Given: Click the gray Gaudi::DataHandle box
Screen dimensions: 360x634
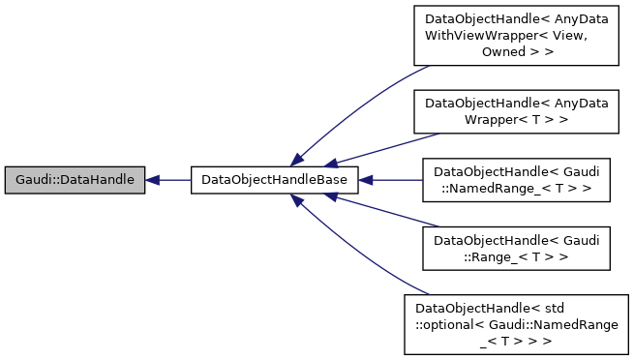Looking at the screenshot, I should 75,180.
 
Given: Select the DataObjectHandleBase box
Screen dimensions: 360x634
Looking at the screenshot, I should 275,180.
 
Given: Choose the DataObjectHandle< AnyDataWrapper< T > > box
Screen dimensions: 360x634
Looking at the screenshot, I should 510,109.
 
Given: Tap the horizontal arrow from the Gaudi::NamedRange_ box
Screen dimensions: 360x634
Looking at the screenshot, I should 392,180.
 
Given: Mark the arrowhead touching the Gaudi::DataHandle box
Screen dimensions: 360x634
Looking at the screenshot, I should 154,180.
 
